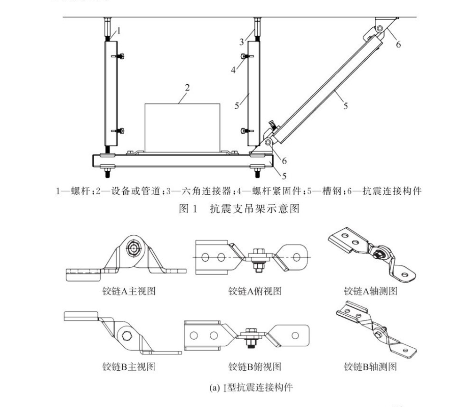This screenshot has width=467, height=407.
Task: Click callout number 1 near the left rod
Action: point(119,31)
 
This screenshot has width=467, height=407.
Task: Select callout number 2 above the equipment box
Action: point(187,88)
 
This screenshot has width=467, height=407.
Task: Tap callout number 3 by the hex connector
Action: point(242,42)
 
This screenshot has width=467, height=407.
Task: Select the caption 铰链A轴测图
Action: point(371,291)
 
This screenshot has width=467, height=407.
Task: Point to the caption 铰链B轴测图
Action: point(371,366)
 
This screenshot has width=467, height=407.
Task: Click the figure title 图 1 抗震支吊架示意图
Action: point(239,208)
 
